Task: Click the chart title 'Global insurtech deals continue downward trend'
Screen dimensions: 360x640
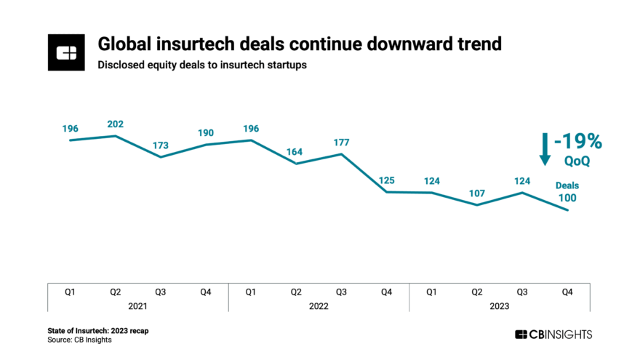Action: pyautogui.click(x=300, y=44)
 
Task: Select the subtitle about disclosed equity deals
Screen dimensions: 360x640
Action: pyautogui.click(x=203, y=65)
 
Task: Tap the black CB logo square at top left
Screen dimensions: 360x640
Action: pyautogui.click(x=67, y=52)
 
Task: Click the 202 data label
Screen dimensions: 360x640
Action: pyautogui.click(x=115, y=124)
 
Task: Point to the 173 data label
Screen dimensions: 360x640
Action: pyautogui.click(x=160, y=145)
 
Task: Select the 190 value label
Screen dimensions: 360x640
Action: pyautogui.click(x=206, y=133)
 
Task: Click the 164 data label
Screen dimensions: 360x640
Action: pyautogui.click(x=296, y=152)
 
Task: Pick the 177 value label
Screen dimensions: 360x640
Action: pyautogui.click(x=341, y=142)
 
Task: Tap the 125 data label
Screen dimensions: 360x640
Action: pyautogui.click(x=386, y=180)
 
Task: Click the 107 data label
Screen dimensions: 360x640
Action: pyautogui.click(x=476, y=193)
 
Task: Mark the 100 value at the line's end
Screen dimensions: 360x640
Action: pyautogui.click(x=567, y=199)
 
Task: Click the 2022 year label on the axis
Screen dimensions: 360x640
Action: pyautogui.click(x=319, y=306)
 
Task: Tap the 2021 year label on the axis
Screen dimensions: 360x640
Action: pyautogui.click(x=137, y=306)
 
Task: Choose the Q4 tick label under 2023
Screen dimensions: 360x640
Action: pyautogui.click(x=567, y=292)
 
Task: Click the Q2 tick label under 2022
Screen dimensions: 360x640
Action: pyautogui.click(x=296, y=292)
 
